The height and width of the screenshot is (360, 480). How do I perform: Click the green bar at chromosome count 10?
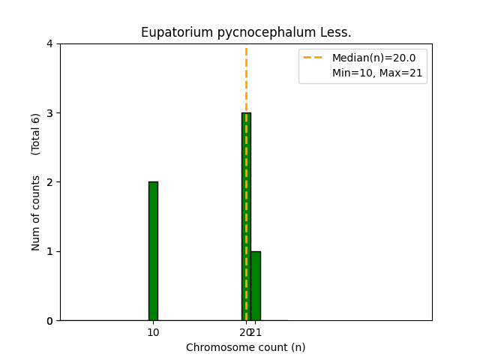coord(153,250)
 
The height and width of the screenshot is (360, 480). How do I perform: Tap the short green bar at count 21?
coord(256,286)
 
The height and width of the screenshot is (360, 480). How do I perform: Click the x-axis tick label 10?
coord(153,332)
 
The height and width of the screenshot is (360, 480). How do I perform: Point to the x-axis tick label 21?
coord(256,332)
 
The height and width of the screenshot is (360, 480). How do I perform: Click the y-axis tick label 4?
coord(49,43)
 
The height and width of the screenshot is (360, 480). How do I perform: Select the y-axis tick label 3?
coord(49,113)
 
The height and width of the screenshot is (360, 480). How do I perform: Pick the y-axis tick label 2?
coord(49,182)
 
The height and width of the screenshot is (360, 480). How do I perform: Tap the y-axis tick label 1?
coord(49,251)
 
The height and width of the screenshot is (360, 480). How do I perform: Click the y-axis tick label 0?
coord(49,321)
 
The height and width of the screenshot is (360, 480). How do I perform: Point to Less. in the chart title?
coord(336,32)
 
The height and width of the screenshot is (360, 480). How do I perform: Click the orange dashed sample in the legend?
coord(314,58)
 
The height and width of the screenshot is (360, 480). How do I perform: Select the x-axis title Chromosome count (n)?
coord(246,347)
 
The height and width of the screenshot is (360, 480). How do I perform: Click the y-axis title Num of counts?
coord(36,212)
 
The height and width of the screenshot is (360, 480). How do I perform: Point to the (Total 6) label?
coord(36,134)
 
